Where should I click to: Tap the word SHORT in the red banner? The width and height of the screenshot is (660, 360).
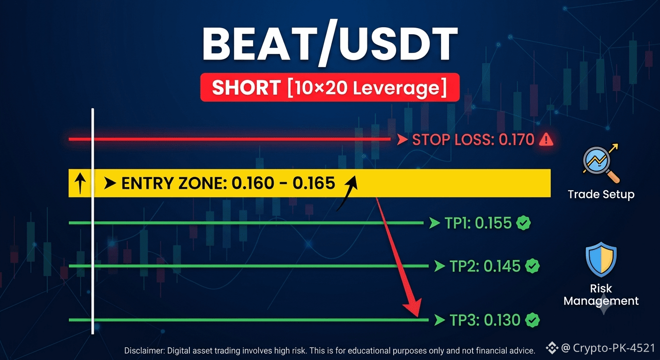tap(246, 88)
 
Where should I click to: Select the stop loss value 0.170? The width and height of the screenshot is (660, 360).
tap(516, 140)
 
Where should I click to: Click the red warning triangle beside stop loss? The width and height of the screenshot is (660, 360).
tap(546, 139)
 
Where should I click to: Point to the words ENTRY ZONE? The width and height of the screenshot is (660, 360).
tap(174, 183)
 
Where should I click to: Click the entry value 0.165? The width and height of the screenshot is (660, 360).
tap(314, 183)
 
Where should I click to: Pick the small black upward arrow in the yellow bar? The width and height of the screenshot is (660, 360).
tap(80, 183)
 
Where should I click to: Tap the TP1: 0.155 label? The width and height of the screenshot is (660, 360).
tap(478, 223)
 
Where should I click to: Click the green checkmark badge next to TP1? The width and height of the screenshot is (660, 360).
tap(523, 223)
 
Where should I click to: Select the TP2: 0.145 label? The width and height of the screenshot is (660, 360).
tap(485, 266)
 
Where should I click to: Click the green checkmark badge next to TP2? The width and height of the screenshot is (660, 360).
tap(532, 266)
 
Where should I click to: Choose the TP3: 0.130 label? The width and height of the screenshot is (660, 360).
tap(485, 320)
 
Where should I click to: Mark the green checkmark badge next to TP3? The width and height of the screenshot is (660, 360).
tap(532, 320)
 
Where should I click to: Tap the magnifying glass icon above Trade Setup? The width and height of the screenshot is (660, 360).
tap(601, 163)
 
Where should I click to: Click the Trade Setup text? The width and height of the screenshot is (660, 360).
tap(601, 195)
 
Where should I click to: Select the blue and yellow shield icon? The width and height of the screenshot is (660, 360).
tap(601, 259)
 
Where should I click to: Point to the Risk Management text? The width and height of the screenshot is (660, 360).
tap(601, 294)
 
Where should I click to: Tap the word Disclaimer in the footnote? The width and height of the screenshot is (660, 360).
tap(144, 351)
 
